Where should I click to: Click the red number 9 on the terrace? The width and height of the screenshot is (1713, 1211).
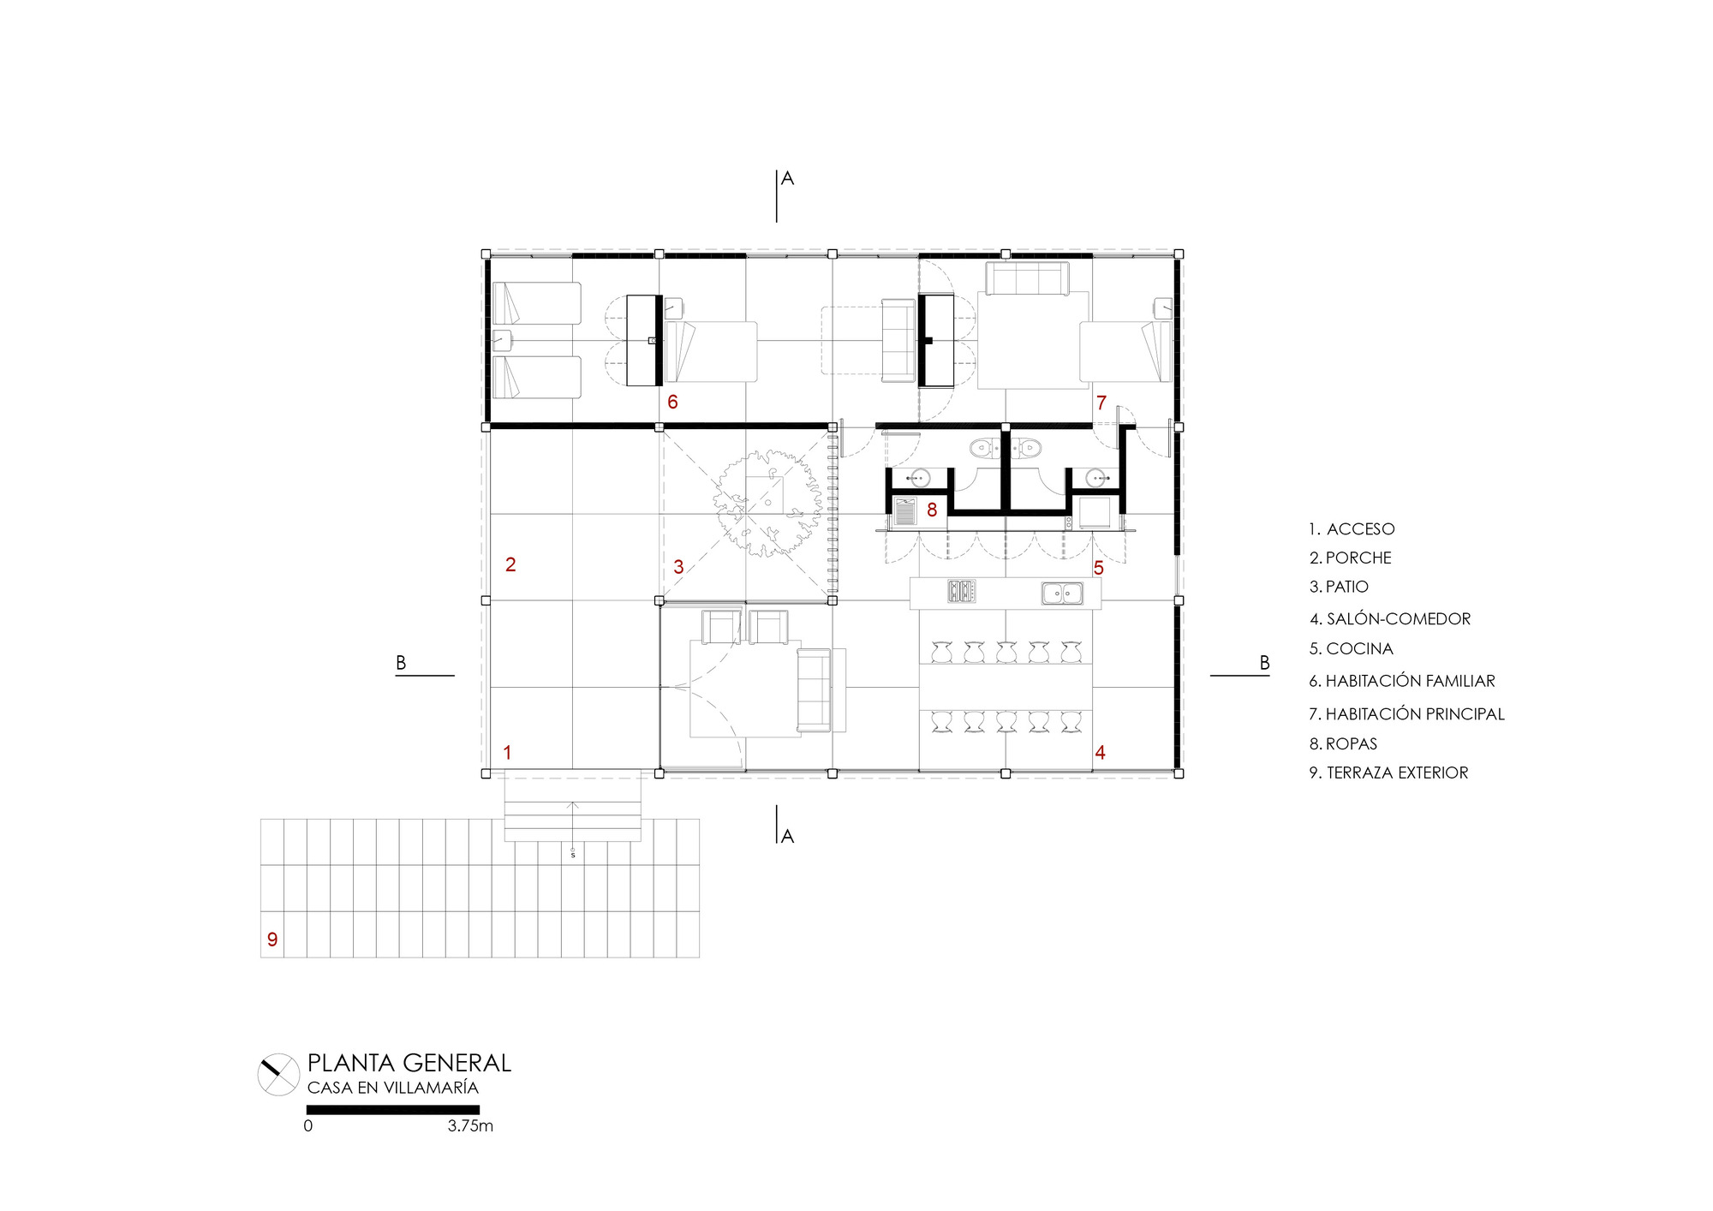[272, 940]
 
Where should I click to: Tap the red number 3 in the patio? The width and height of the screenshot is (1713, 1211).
[678, 567]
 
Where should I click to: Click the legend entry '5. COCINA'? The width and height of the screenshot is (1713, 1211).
[1351, 649]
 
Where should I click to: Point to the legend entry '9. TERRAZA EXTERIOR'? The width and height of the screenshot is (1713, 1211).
[1388, 773]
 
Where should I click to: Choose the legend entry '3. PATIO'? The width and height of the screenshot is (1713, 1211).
[1339, 587]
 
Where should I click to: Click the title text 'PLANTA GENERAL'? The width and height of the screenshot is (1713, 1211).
[409, 1063]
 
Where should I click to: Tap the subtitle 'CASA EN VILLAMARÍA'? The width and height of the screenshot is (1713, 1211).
[393, 1088]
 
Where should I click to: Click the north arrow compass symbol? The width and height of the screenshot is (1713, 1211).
[278, 1074]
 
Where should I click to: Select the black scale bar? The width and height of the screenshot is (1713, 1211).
[393, 1110]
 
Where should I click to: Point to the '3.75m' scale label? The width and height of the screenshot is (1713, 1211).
[470, 1126]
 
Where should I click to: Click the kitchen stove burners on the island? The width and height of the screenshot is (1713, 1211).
[962, 592]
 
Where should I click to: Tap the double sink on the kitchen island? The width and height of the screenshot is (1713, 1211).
[1062, 593]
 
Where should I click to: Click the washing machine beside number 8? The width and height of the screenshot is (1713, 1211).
[904, 512]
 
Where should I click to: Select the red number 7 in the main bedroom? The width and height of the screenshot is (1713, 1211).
[1101, 403]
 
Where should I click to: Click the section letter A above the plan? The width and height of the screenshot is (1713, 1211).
[788, 178]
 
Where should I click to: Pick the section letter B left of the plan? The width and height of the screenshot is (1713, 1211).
[401, 663]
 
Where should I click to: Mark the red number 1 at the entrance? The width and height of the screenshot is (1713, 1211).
[507, 753]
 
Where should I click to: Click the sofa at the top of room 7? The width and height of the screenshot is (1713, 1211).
[1027, 279]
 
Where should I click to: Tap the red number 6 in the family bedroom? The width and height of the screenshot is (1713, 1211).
[672, 402]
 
